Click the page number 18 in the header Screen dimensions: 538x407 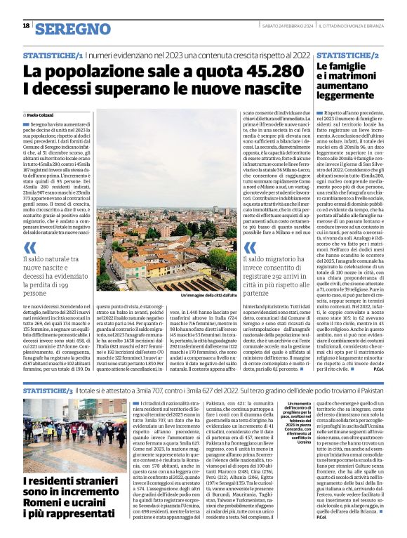point(26,25)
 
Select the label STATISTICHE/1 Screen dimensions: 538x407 point(53,55)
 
